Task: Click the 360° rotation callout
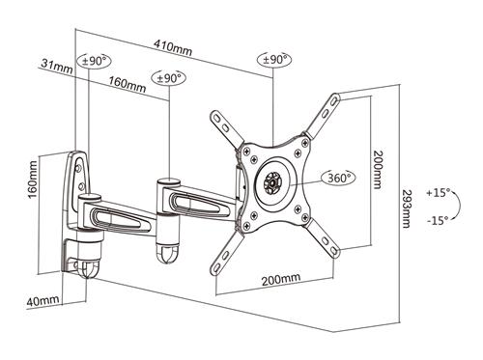(x=339, y=178)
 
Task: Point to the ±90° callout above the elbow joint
(x=170, y=77)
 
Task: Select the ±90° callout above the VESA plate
(x=274, y=60)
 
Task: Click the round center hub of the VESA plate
(x=274, y=181)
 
